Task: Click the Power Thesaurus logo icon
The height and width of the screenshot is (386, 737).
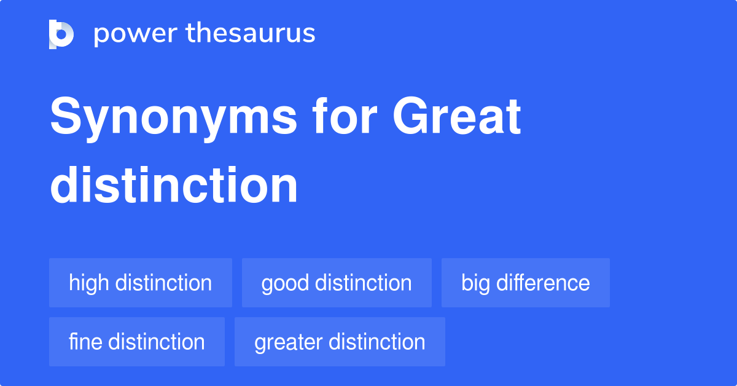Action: (61, 34)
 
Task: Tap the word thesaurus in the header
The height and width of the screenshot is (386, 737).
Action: (251, 33)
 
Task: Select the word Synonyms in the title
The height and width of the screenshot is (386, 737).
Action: (173, 118)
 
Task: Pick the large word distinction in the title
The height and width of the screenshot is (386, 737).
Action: (174, 186)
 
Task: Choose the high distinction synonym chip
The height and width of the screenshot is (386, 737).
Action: (140, 283)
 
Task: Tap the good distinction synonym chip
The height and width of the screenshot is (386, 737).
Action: (337, 283)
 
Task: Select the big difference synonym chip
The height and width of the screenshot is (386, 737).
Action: (525, 283)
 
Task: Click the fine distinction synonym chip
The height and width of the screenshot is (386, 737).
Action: (136, 342)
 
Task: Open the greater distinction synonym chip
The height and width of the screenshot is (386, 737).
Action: (340, 342)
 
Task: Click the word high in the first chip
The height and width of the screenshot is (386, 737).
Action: (89, 283)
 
